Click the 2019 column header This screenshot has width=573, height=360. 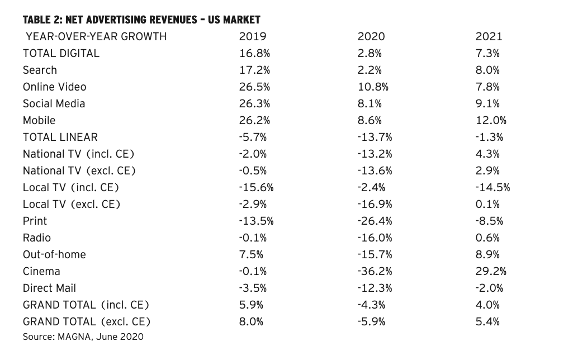[253, 36]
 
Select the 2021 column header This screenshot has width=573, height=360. [489, 36]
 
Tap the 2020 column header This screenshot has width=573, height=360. [371, 36]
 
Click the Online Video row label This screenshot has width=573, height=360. [54, 87]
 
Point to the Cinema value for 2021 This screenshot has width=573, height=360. [491, 272]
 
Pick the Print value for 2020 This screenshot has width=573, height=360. [375, 221]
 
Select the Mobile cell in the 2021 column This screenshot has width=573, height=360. [491, 121]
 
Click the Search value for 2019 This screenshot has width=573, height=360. [255, 70]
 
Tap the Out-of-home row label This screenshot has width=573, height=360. [54, 255]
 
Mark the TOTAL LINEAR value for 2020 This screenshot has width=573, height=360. [375, 138]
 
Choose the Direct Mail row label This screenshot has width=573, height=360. [49, 288]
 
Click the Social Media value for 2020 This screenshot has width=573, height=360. [370, 104]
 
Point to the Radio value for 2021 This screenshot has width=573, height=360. [487, 238]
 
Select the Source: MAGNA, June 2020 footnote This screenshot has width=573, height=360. [83, 337]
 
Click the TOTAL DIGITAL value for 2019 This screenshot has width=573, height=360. [255, 53]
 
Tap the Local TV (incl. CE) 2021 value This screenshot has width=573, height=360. [493, 187]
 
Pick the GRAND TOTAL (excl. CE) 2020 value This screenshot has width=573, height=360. [371, 322]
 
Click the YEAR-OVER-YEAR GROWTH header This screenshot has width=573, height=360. [96, 36]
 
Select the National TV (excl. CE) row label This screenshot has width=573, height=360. [79, 171]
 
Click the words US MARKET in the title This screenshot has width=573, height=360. [234, 20]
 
